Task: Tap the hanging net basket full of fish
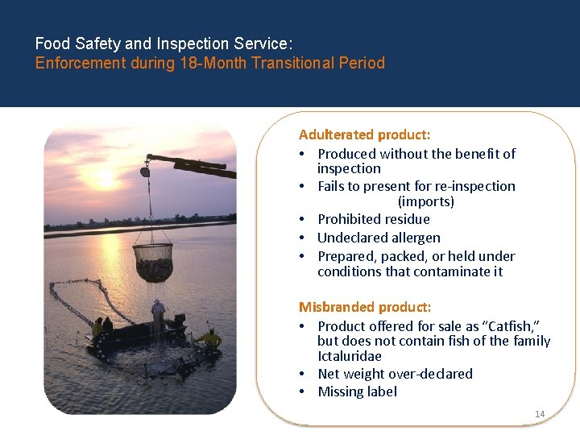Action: (x=153, y=262)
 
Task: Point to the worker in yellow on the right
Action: (x=212, y=338)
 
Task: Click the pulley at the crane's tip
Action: (x=145, y=171)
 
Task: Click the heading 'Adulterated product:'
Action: (x=364, y=135)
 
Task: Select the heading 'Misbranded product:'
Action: (x=365, y=307)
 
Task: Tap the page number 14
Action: (x=540, y=414)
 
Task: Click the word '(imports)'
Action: (x=426, y=201)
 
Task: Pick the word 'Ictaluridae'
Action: (x=350, y=356)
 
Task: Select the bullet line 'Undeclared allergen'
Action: (x=379, y=238)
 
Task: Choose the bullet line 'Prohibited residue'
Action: (x=374, y=219)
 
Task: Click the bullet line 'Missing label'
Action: (x=357, y=391)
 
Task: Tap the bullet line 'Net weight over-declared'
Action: (x=395, y=374)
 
